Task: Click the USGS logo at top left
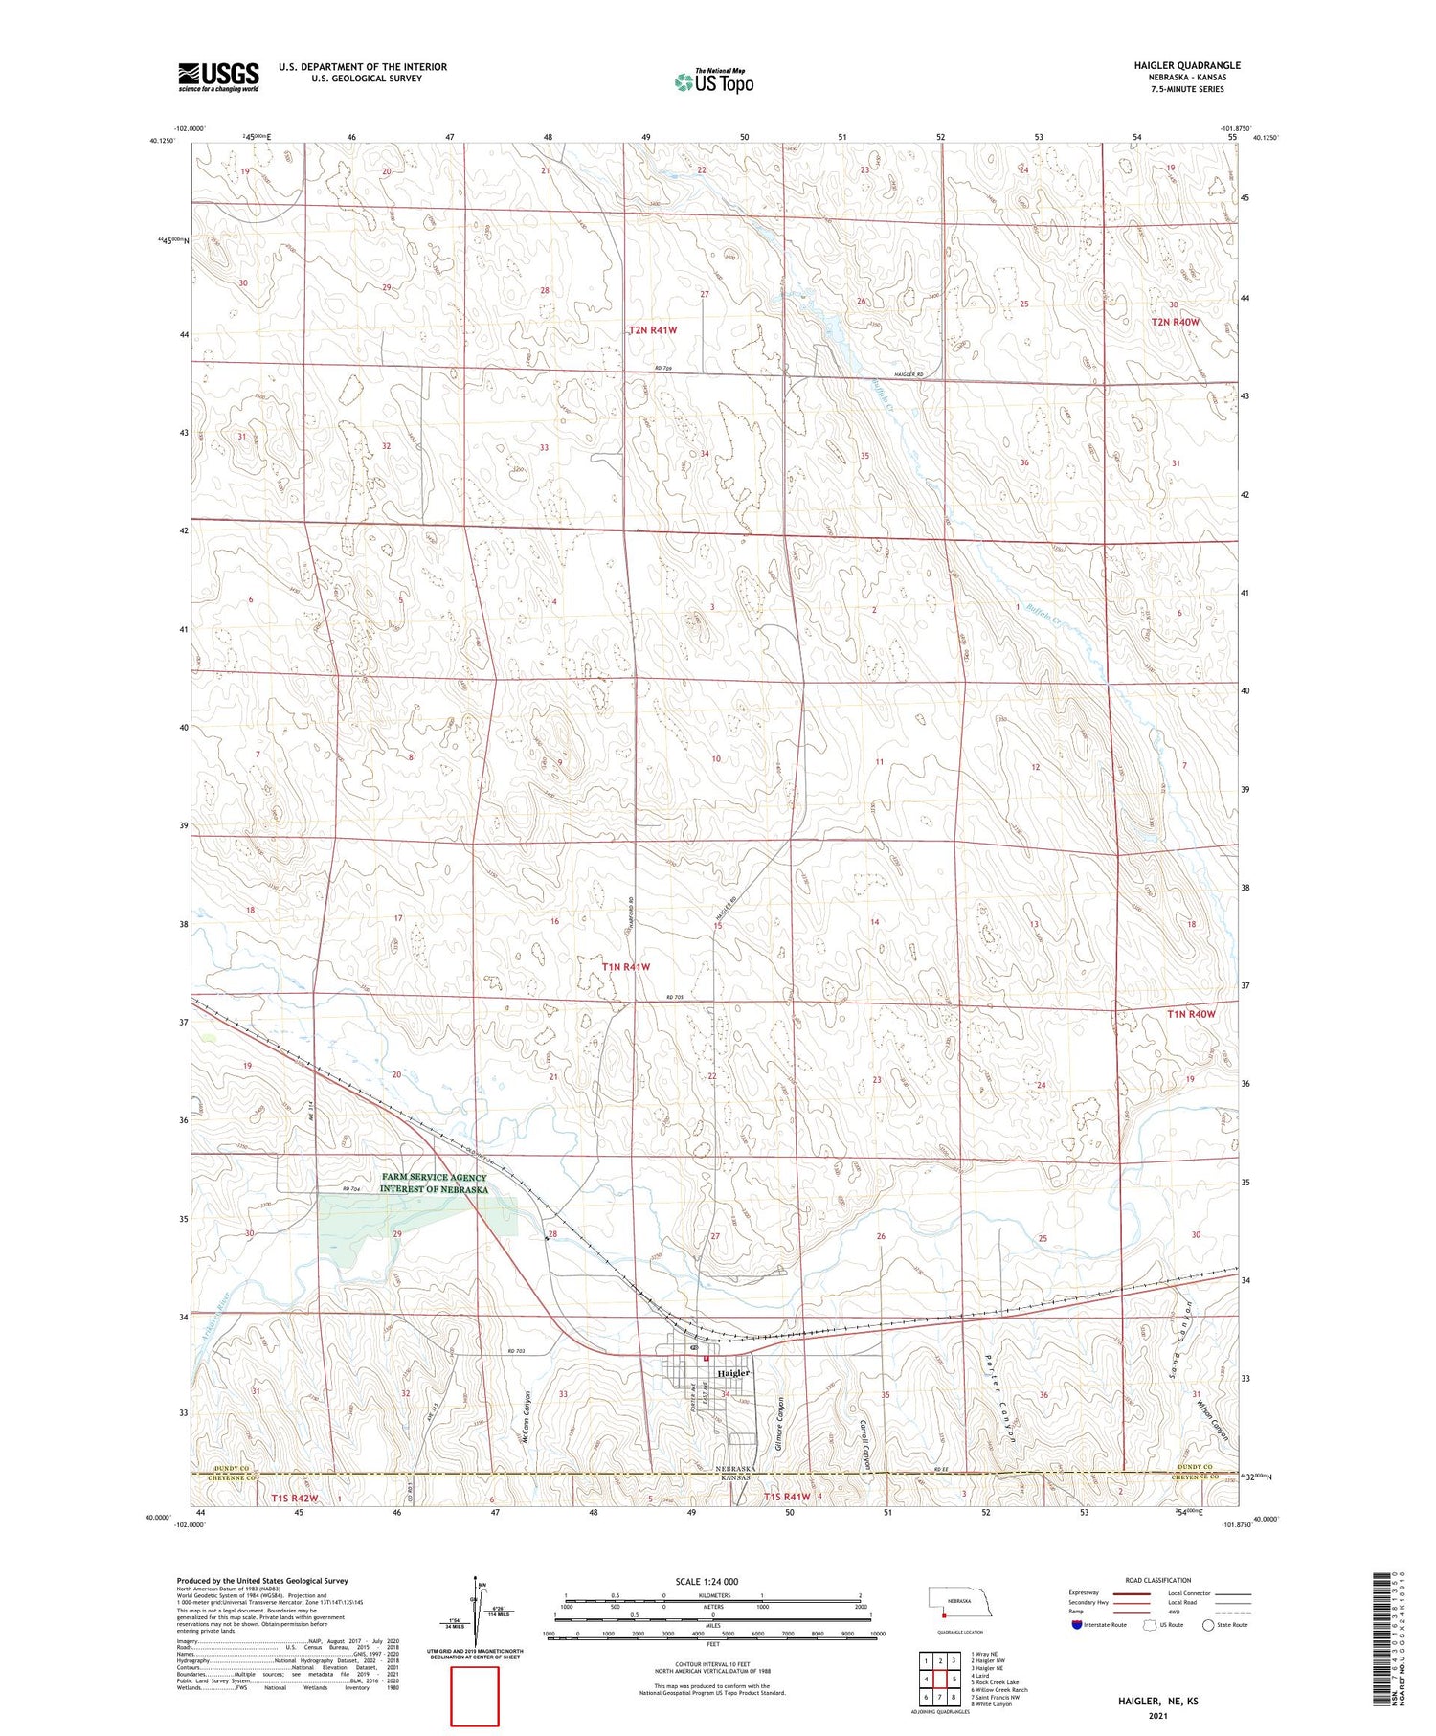[218, 77]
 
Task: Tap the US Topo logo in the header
[714, 81]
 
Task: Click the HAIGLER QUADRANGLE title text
[1186, 65]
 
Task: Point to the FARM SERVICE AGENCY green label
[433, 1183]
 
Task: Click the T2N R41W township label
[653, 329]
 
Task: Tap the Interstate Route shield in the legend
[1077, 1624]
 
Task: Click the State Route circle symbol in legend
[1208, 1624]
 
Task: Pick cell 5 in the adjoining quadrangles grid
[954, 1679]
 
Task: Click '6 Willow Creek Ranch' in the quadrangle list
[999, 1689]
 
